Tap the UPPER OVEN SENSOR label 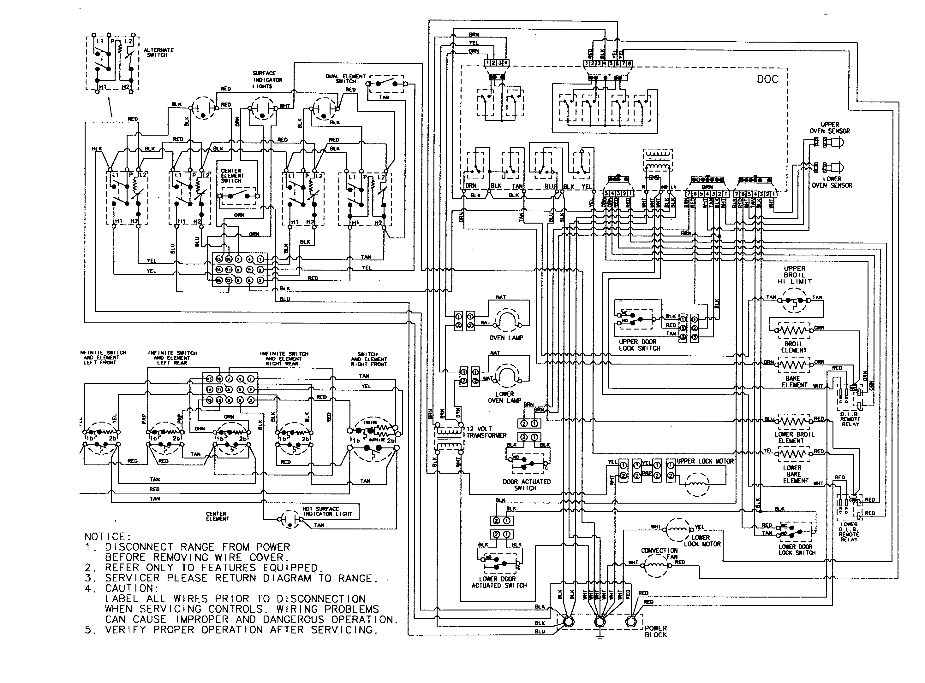point(829,128)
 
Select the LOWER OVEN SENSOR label point(832,182)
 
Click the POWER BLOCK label point(656,631)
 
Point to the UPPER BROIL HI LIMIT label point(794,275)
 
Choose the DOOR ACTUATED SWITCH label point(527,485)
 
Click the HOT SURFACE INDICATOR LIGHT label point(327,511)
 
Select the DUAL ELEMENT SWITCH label point(346,79)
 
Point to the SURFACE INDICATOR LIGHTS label point(267,80)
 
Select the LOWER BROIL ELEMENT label point(794,437)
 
